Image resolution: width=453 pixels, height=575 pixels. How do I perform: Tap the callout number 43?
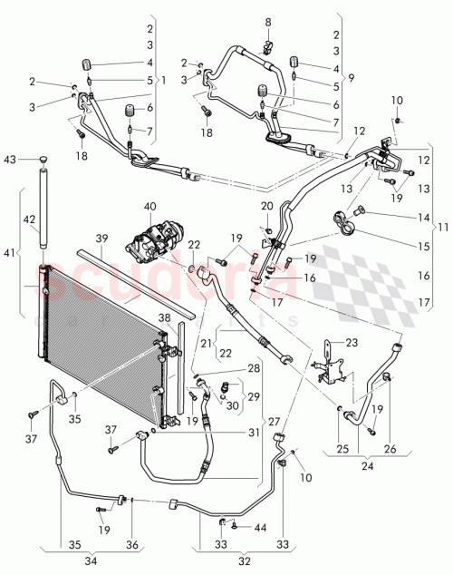(10, 161)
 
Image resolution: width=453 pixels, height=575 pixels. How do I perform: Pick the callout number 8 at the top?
(267, 21)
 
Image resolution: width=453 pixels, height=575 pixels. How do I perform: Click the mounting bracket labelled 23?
(333, 362)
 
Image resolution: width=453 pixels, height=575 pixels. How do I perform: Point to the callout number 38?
(165, 318)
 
